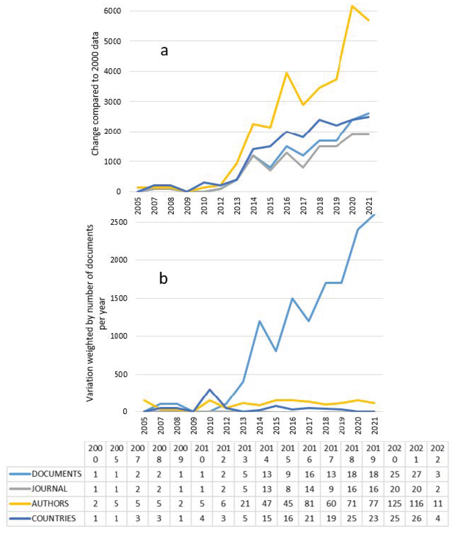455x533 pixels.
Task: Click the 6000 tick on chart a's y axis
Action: pyautogui.click(x=112, y=11)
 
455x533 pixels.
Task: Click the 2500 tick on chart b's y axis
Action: pyautogui.click(x=119, y=222)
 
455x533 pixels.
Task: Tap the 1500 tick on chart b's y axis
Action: pyautogui.click(x=119, y=298)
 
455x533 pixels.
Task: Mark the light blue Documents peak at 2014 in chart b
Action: pyautogui.click(x=259, y=321)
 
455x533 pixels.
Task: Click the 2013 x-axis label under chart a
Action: pyautogui.click(x=237, y=206)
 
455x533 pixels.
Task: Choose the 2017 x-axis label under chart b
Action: pyautogui.click(x=309, y=426)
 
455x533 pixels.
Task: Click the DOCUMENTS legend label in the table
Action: pyautogui.click(x=57, y=474)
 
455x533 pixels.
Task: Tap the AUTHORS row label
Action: pyautogui.click(x=50, y=503)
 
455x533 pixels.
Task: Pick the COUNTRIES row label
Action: pyautogui.click(x=53, y=518)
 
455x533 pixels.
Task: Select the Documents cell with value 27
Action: pyautogui.click(x=416, y=474)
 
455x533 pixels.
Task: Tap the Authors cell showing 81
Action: pyautogui.click(x=309, y=503)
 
